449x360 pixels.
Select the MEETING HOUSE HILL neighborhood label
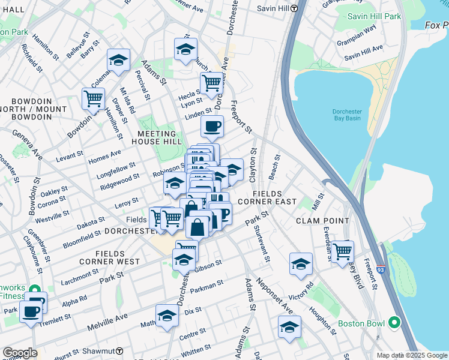pos(160,137)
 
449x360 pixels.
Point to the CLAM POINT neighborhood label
pos(322,221)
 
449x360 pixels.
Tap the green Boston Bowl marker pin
pos(394,323)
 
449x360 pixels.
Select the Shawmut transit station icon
pos(119,351)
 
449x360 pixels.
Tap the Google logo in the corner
pos(20,352)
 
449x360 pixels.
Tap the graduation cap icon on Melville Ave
pos(167,315)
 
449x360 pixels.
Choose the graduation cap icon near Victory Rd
pos(301,263)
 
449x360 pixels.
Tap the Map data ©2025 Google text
pos(412,355)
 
